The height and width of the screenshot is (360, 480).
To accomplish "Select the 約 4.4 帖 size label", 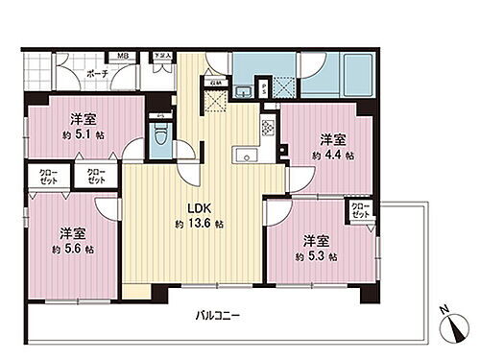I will coord(336,154).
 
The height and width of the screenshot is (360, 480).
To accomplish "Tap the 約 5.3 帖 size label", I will coord(317,256).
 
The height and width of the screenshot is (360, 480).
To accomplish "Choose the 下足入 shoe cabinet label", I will coord(162,57).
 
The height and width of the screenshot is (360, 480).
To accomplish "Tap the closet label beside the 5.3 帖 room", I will coord(359,210).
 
